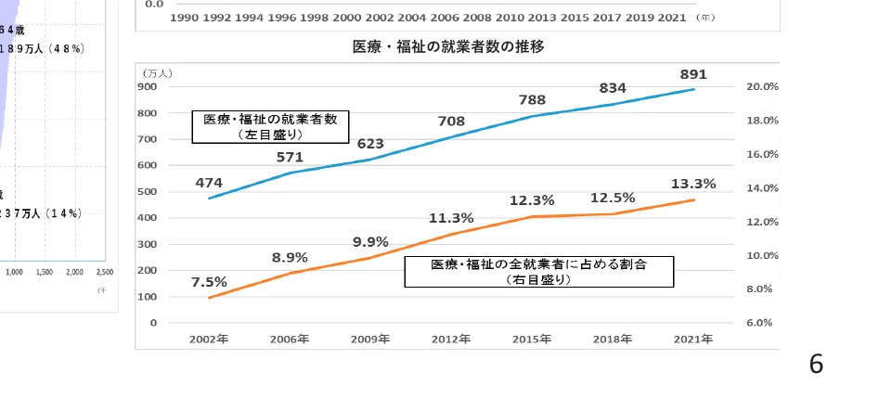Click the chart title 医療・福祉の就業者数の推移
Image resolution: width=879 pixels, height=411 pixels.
tap(448, 46)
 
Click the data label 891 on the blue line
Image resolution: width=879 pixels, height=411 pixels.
tap(693, 74)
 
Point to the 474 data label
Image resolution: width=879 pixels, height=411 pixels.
tap(209, 183)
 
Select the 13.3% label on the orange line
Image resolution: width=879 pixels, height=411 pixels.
tap(693, 184)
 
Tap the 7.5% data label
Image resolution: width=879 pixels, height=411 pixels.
tap(209, 282)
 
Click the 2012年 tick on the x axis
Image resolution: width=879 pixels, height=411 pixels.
tap(451, 340)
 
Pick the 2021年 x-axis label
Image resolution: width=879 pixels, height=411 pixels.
tap(693, 340)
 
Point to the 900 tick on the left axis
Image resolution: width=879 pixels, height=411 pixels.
tap(148, 86)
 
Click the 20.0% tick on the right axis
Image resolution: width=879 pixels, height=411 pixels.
tap(762, 86)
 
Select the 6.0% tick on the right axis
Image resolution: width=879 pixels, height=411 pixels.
tap(762, 323)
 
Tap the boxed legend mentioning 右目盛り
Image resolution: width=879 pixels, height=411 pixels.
tap(538, 271)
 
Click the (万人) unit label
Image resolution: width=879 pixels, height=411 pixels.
tap(157, 72)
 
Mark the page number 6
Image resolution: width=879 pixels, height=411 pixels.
tap(816, 365)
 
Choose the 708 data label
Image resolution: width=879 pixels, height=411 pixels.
tap(451, 121)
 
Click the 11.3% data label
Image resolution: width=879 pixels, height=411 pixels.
tap(451, 218)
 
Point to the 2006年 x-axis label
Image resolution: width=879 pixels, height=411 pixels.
tap(290, 340)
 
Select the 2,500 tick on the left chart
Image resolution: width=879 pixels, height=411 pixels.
tap(104, 273)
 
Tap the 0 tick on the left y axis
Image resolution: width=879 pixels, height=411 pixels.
tap(153, 323)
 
